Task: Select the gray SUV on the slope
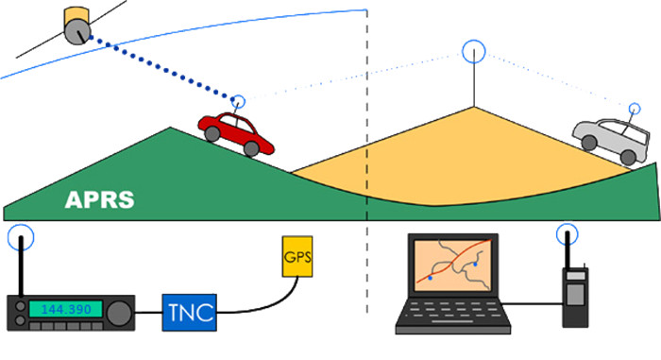click(613, 140)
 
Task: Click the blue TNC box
click(189, 310)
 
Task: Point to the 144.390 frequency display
click(64, 309)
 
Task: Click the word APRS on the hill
click(99, 200)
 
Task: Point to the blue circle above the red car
click(239, 101)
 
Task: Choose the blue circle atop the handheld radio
click(567, 233)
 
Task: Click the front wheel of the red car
click(251, 147)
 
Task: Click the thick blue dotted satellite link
click(161, 65)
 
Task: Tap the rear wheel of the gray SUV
click(589, 142)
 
